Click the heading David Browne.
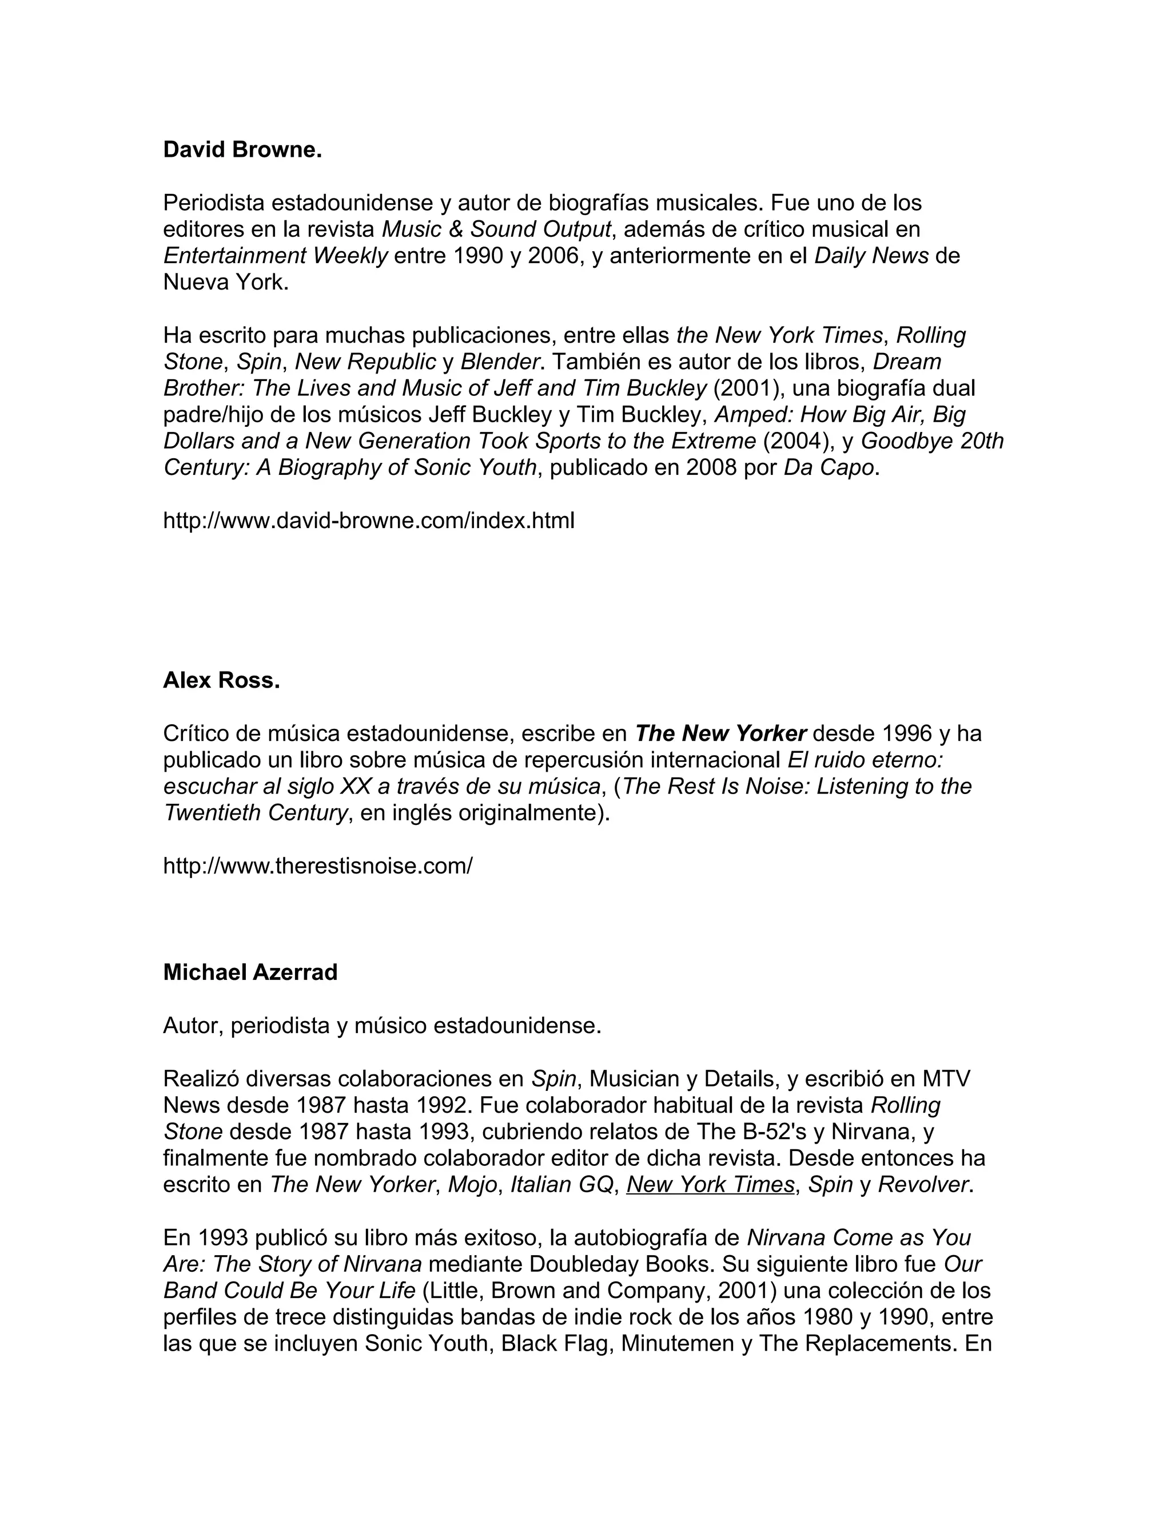tap(242, 150)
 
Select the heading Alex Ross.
tap(221, 680)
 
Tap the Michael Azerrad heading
tap(250, 973)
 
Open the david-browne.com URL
tap(368, 520)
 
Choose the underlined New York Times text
tap(710, 1184)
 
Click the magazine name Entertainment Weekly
tap(276, 256)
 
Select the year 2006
tap(553, 256)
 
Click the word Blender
tap(500, 362)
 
